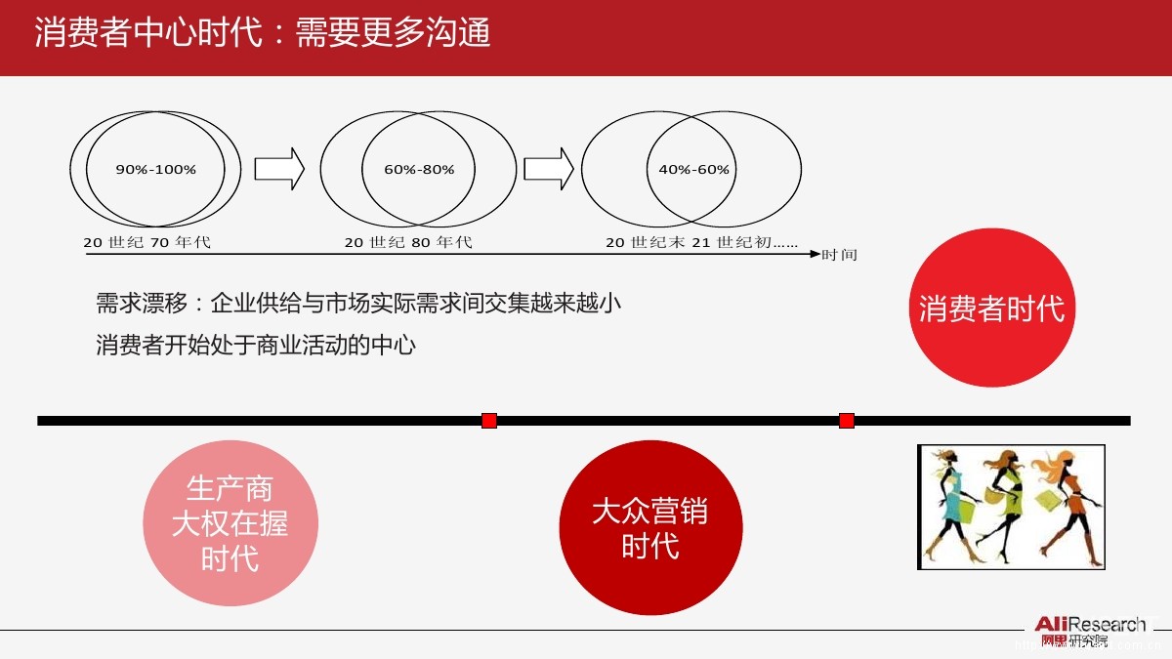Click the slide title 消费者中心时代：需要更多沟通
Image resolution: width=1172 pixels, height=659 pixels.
pyautogui.click(x=262, y=33)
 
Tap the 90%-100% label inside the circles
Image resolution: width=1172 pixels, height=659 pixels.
pyautogui.click(x=156, y=170)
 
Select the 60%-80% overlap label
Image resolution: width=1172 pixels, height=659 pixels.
pyautogui.click(x=419, y=170)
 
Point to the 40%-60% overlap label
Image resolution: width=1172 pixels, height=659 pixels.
pyautogui.click(x=693, y=170)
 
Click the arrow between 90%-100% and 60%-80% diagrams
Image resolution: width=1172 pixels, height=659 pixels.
pyautogui.click(x=279, y=169)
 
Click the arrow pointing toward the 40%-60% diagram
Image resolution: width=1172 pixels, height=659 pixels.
pyautogui.click(x=549, y=169)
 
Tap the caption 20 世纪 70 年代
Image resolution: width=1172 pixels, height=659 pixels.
pyautogui.click(x=146, y=242)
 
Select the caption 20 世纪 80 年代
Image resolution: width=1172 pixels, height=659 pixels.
pyautogui.click(x=408, y=242)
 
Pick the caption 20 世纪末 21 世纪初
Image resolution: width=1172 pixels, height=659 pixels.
pyautogui.click(x=701, y=242)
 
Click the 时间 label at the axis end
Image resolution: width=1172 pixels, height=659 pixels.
pyautogui.click(x=839, y=255)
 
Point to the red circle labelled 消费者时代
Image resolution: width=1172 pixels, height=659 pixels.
pyautogui.click(x=991, y=309)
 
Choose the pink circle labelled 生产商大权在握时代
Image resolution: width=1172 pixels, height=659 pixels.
pyautogui.click(x=230, y=524)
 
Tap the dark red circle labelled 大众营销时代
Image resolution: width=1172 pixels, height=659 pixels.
pyautogui.click(x=650, y=528)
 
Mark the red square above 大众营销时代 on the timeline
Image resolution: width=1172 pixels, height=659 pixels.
pyautogui.click(x=489, y=421)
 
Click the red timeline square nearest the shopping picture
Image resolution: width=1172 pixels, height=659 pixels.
pyautogui.click(x=847, y=421)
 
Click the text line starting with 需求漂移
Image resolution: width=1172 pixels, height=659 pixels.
pyautogui.click(x=357, y=303)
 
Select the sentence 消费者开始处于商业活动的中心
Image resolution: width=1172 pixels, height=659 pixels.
pyautogui.click(x=256, y=345)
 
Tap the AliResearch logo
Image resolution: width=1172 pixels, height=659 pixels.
pyautogui.click(x=1090, y=631)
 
